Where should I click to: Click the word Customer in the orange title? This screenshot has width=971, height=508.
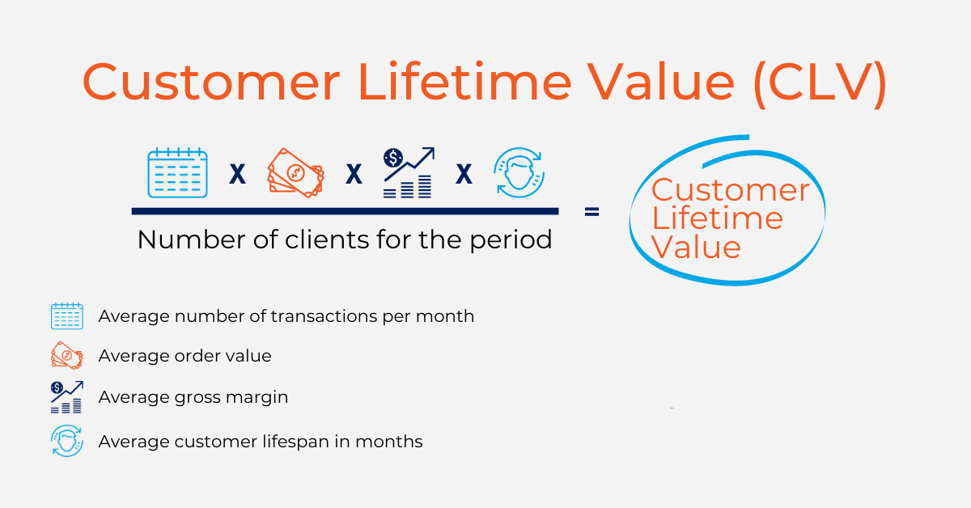(211, 82)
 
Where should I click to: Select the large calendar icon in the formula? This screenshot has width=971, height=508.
(178, 172)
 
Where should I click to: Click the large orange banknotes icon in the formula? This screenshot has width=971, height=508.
(296, 173)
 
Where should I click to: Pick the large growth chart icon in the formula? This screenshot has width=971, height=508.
(409, 172)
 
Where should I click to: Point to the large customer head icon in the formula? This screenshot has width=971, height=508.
(519, 172)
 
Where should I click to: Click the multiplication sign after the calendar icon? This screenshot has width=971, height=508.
(237, 174)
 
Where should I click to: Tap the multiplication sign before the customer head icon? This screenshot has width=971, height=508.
(464, 174)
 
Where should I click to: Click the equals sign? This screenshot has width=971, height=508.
(592, 212)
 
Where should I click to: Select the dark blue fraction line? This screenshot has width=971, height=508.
(345, 211)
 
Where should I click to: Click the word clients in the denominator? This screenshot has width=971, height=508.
(327, 239)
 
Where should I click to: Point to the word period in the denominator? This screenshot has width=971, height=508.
(511, 240)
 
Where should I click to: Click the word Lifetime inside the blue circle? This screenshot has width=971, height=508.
(718, 218)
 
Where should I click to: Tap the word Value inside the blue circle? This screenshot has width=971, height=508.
(696, 247)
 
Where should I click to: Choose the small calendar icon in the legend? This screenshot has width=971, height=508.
(66, 316)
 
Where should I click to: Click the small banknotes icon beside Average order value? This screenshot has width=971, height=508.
(66, 355)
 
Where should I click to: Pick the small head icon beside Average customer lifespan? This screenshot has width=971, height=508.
(66, 441)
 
